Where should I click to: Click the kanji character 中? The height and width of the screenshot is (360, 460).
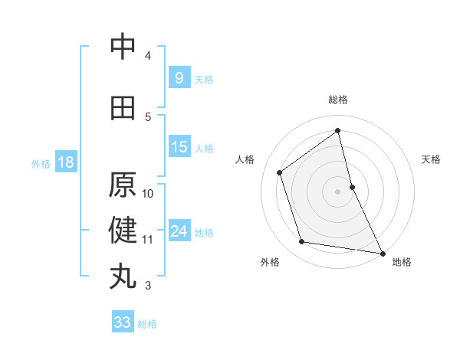coord(123,47)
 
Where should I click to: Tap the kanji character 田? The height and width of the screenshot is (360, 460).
coord(123,108)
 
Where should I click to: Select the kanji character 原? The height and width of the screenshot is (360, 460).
coord(123,185)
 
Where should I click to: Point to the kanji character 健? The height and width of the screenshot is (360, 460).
coord(123,230)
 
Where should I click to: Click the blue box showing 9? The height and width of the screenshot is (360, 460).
coord(179,77)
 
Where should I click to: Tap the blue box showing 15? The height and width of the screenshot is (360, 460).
coord(179,147)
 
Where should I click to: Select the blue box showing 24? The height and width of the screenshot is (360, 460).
coord(179,231)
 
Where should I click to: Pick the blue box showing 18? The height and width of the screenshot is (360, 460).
coord(65,162)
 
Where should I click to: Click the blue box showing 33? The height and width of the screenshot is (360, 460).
coord(123,322)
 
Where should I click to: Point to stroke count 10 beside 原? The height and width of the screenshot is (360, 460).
coord(149,193)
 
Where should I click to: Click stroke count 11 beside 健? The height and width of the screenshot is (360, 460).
coord(148,239)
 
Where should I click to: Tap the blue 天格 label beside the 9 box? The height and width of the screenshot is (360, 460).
coord(204,79)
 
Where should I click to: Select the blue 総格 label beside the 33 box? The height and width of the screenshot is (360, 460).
coord(147,324)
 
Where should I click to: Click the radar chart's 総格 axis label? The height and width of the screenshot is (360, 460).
coord(338,100)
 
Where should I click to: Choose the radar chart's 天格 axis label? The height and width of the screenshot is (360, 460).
coord(432,159)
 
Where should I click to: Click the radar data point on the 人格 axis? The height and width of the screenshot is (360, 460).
coord(279,172)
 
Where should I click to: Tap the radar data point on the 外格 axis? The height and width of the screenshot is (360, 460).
coord(302,242)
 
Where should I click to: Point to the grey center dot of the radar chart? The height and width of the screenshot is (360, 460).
coord(338,191)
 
